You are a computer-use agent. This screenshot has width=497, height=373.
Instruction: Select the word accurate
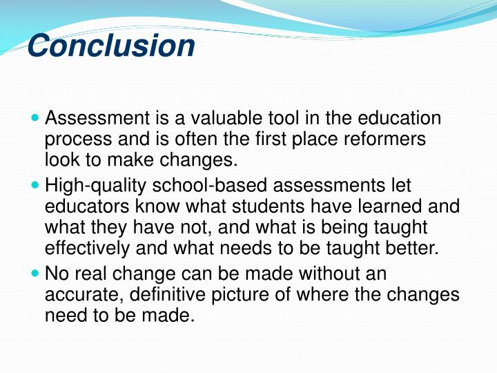[77, 294]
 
